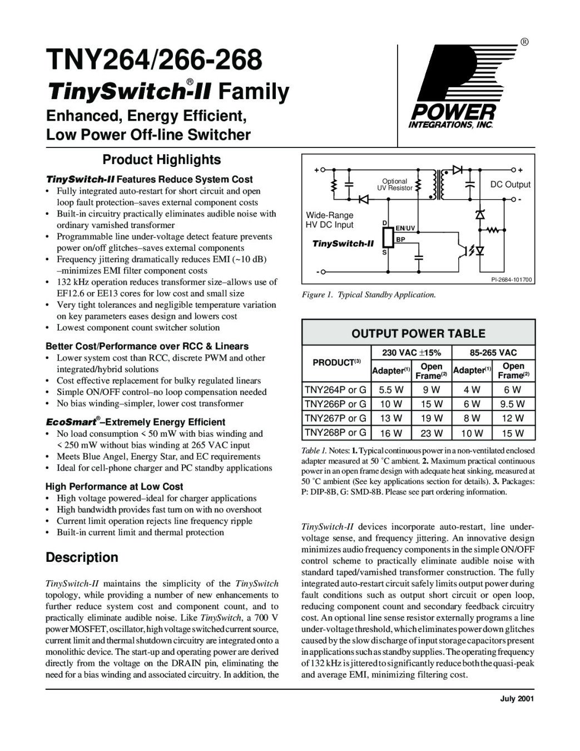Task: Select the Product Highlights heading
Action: click(x=161, y=160)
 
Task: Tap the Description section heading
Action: click(x=82, y=557)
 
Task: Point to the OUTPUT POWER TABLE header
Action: click(x=418, y=334)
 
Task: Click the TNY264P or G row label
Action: click(x=335, y=389)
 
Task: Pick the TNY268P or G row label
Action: click(x=335, y=432)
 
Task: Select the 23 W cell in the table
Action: click(x=432, y=433)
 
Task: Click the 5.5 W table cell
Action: click(x=391, y=390)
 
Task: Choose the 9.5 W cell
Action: click(x=513, y=404)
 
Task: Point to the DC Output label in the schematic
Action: click(x=510, y=185)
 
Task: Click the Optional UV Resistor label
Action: click(x=395, y=185)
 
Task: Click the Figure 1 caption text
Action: click(x=368, y=295)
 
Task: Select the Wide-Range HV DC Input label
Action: click(x=330, y=220)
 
